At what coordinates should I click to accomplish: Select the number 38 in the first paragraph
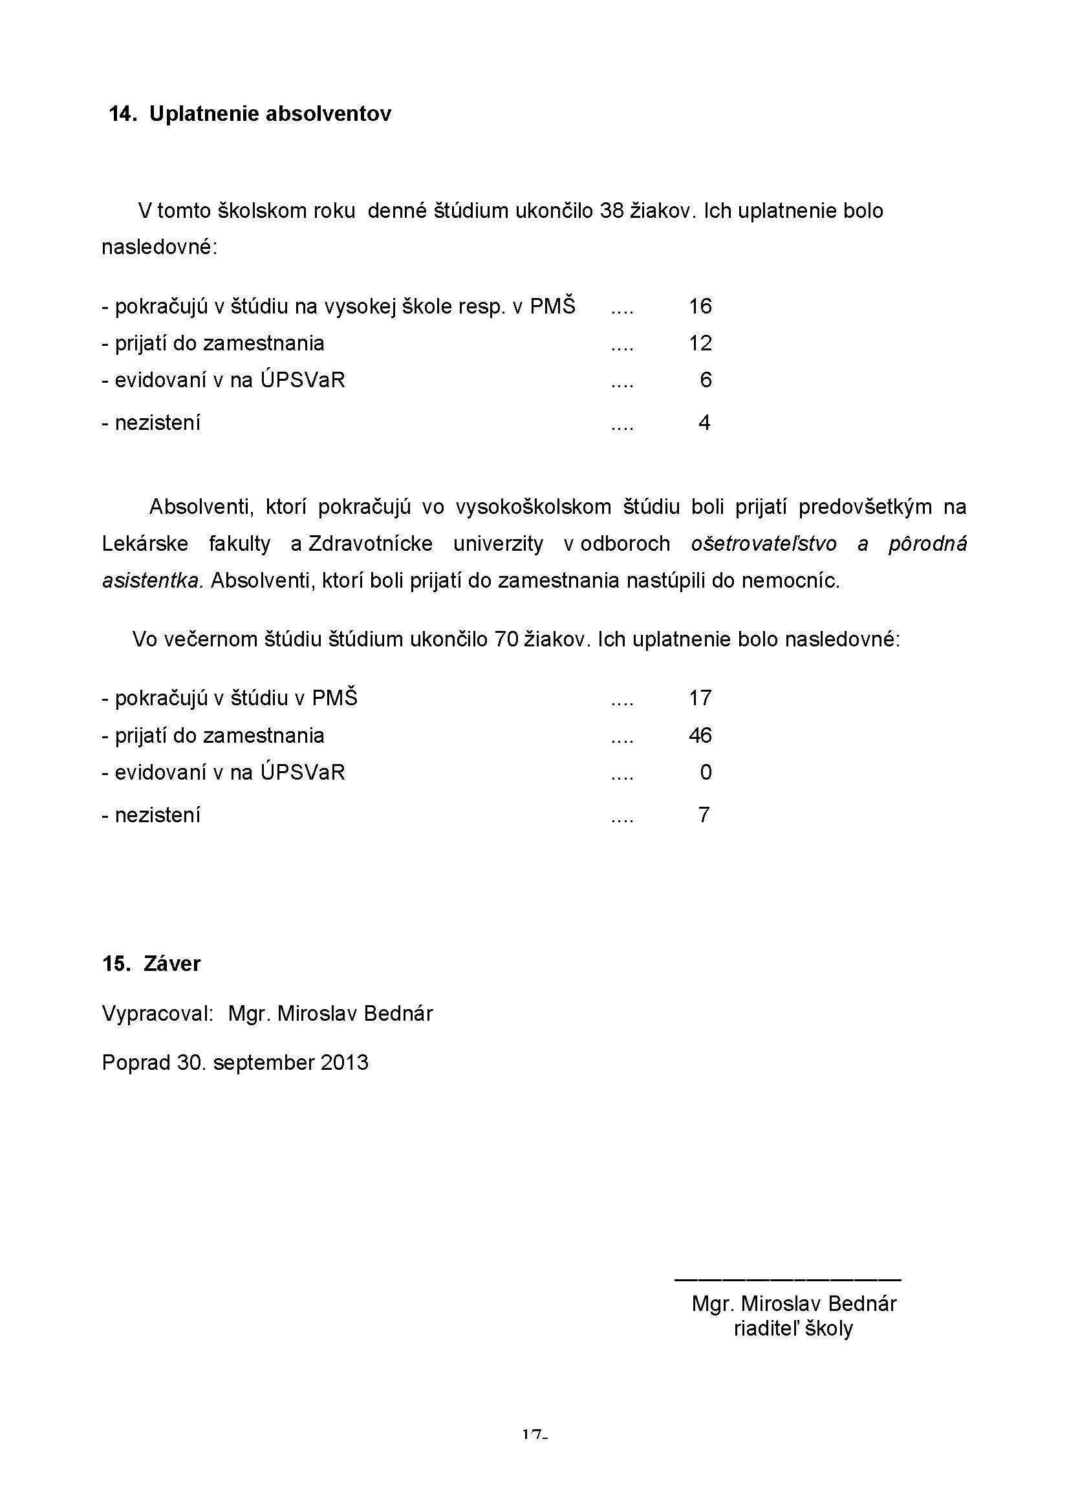click(612, 211)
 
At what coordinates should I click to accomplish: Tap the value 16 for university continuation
click(700, 306)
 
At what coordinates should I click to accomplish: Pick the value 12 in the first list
click(700, 343)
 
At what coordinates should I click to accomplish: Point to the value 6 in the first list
click(706, 380)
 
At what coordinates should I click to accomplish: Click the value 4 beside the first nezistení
click(704, 423)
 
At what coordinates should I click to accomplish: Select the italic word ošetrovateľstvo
click(764, 544)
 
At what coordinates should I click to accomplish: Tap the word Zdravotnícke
click(370, 544)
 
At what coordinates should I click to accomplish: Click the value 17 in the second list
click(700, 698)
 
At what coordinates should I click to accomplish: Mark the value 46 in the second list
click(700, 736)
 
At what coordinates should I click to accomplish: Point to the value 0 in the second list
click(706, 772)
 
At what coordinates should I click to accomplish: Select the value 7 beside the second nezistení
click(704, 815)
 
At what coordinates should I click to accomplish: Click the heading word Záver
click(172, 964)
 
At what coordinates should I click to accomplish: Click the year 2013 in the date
click(345, 1063)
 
